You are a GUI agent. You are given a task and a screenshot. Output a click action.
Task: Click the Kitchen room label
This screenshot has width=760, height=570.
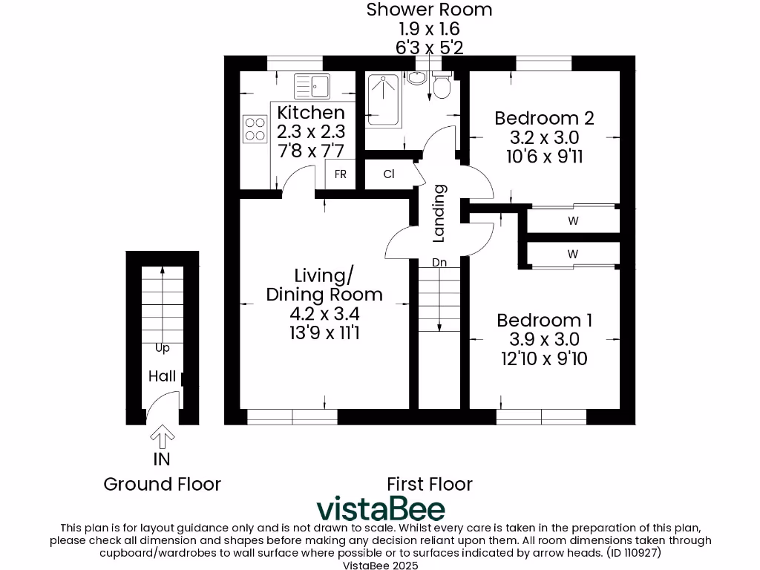311,113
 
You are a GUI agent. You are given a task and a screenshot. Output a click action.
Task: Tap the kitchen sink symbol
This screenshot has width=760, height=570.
312,86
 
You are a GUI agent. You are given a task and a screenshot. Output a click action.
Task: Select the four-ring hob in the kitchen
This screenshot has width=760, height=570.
255,128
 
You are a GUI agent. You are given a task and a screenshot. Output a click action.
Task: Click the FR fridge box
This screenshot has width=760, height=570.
341,174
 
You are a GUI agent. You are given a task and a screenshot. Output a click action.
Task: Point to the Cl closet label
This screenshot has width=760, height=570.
388,174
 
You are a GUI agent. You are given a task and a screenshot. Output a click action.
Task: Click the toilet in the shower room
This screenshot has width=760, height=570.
441,88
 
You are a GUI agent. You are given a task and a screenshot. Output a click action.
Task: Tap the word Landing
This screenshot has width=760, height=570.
439,213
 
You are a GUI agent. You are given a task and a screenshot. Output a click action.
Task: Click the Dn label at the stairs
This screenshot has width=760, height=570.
439,262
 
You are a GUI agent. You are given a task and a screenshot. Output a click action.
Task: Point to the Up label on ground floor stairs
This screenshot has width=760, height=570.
161,347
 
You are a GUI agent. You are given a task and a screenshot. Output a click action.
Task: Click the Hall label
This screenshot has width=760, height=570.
162,376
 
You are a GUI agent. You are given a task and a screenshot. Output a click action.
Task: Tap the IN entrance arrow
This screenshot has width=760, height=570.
162,435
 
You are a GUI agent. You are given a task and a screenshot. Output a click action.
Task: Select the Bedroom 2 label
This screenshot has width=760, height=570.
544,118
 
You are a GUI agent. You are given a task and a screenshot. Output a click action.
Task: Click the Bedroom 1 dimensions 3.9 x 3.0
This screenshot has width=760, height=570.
544,339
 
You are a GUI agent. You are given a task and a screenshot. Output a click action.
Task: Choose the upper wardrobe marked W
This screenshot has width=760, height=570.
573,220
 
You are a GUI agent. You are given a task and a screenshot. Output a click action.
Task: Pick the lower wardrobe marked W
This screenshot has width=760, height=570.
573,254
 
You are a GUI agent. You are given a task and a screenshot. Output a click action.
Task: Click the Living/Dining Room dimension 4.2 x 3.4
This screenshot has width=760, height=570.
324,314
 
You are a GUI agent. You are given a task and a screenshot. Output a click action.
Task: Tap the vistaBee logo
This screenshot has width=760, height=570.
381,509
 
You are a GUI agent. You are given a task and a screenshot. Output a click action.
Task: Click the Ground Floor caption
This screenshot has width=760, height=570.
162,485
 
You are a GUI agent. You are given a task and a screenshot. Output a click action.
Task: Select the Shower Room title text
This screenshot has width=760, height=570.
430,10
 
